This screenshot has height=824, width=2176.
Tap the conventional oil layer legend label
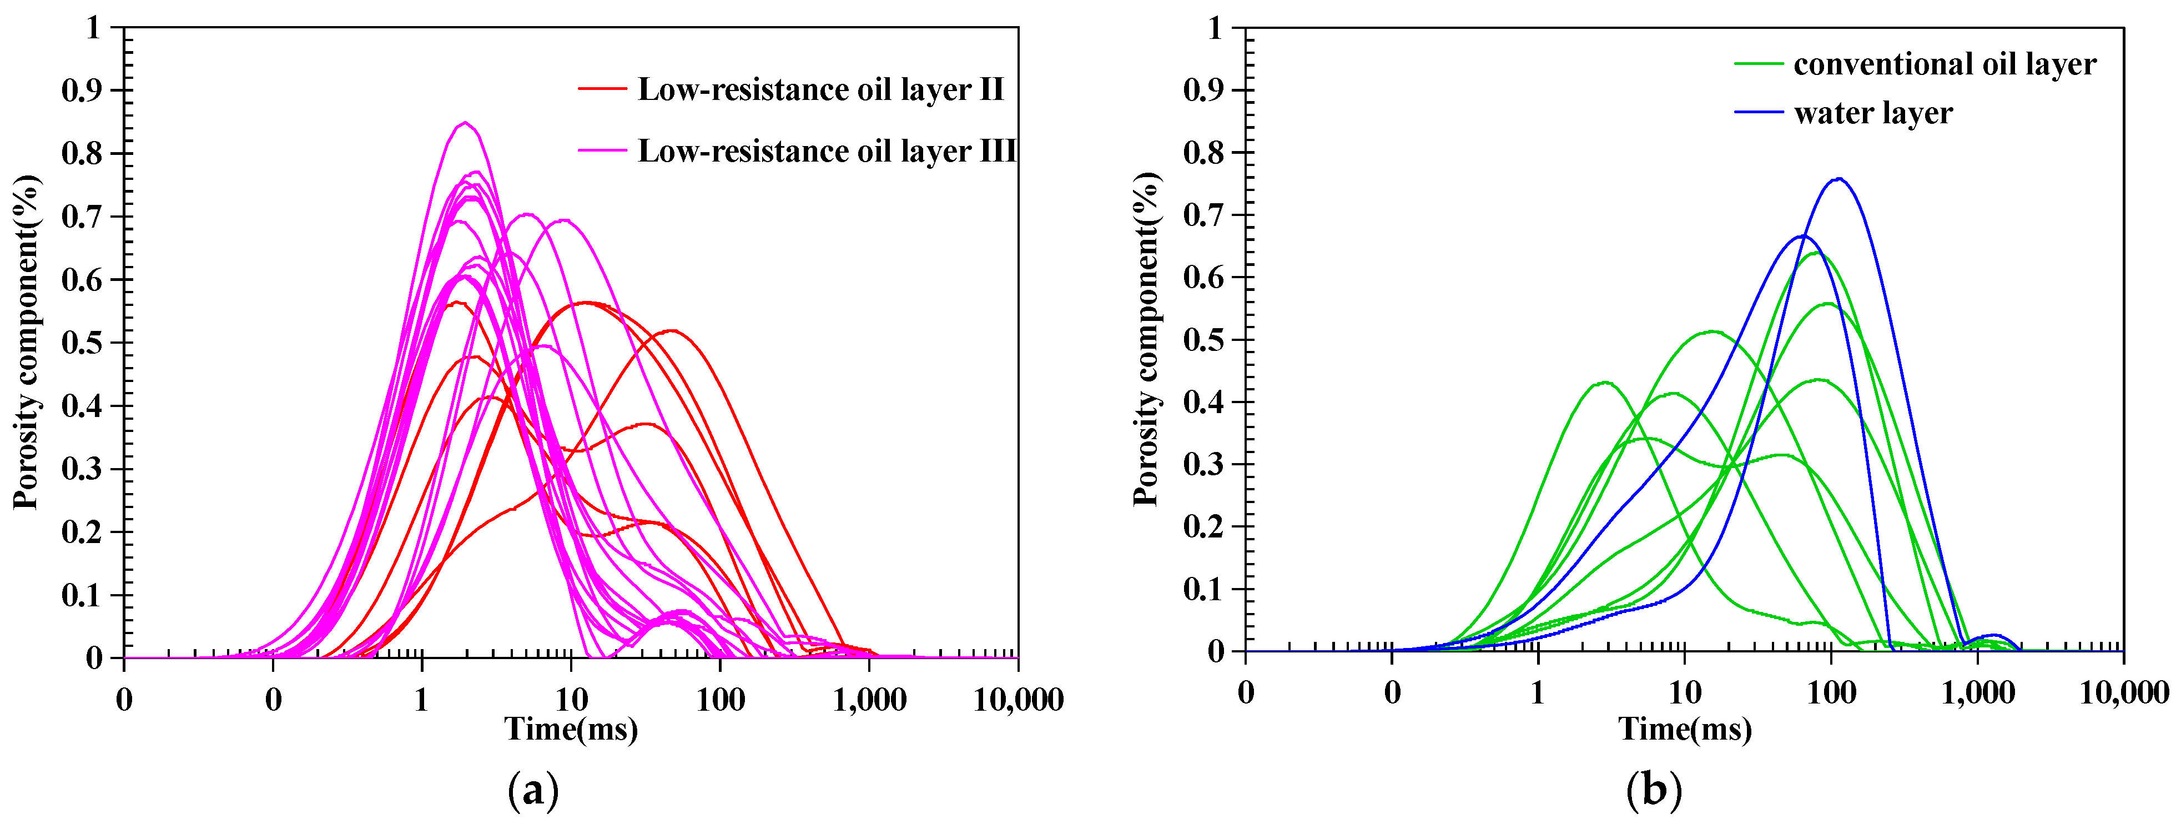(1945, 64)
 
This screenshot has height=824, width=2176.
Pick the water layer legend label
(1873, 113)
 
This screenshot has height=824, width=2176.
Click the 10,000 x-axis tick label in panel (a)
(1018, 700)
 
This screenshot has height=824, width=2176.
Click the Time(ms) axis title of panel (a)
(571, 728)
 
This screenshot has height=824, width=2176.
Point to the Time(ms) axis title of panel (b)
(1684, 728)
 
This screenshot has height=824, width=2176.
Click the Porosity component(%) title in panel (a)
(27, 341)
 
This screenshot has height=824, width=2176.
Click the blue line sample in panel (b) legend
(1759, 112)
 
